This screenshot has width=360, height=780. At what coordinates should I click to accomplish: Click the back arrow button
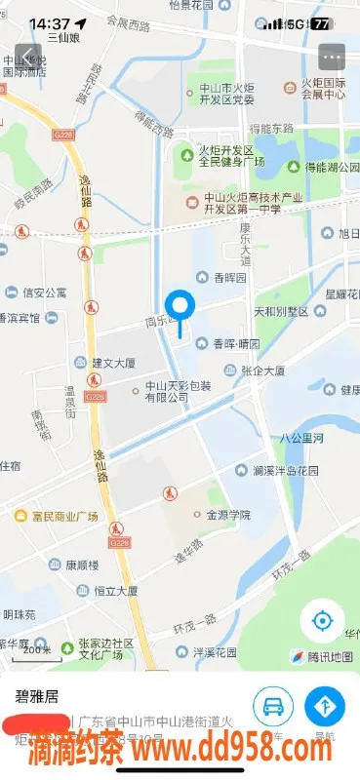26,56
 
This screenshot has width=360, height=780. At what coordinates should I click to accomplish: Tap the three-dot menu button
332,57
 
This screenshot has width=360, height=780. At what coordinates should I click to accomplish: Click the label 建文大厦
112,363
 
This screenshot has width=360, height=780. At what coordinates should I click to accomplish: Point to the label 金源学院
227,514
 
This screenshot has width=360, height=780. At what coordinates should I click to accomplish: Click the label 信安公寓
44,292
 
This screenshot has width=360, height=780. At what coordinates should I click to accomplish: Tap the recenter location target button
321,620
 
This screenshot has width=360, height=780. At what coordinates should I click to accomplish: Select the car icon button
273,704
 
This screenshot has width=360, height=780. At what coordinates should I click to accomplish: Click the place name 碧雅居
35,696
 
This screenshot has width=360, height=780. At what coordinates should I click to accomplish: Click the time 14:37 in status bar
49,23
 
